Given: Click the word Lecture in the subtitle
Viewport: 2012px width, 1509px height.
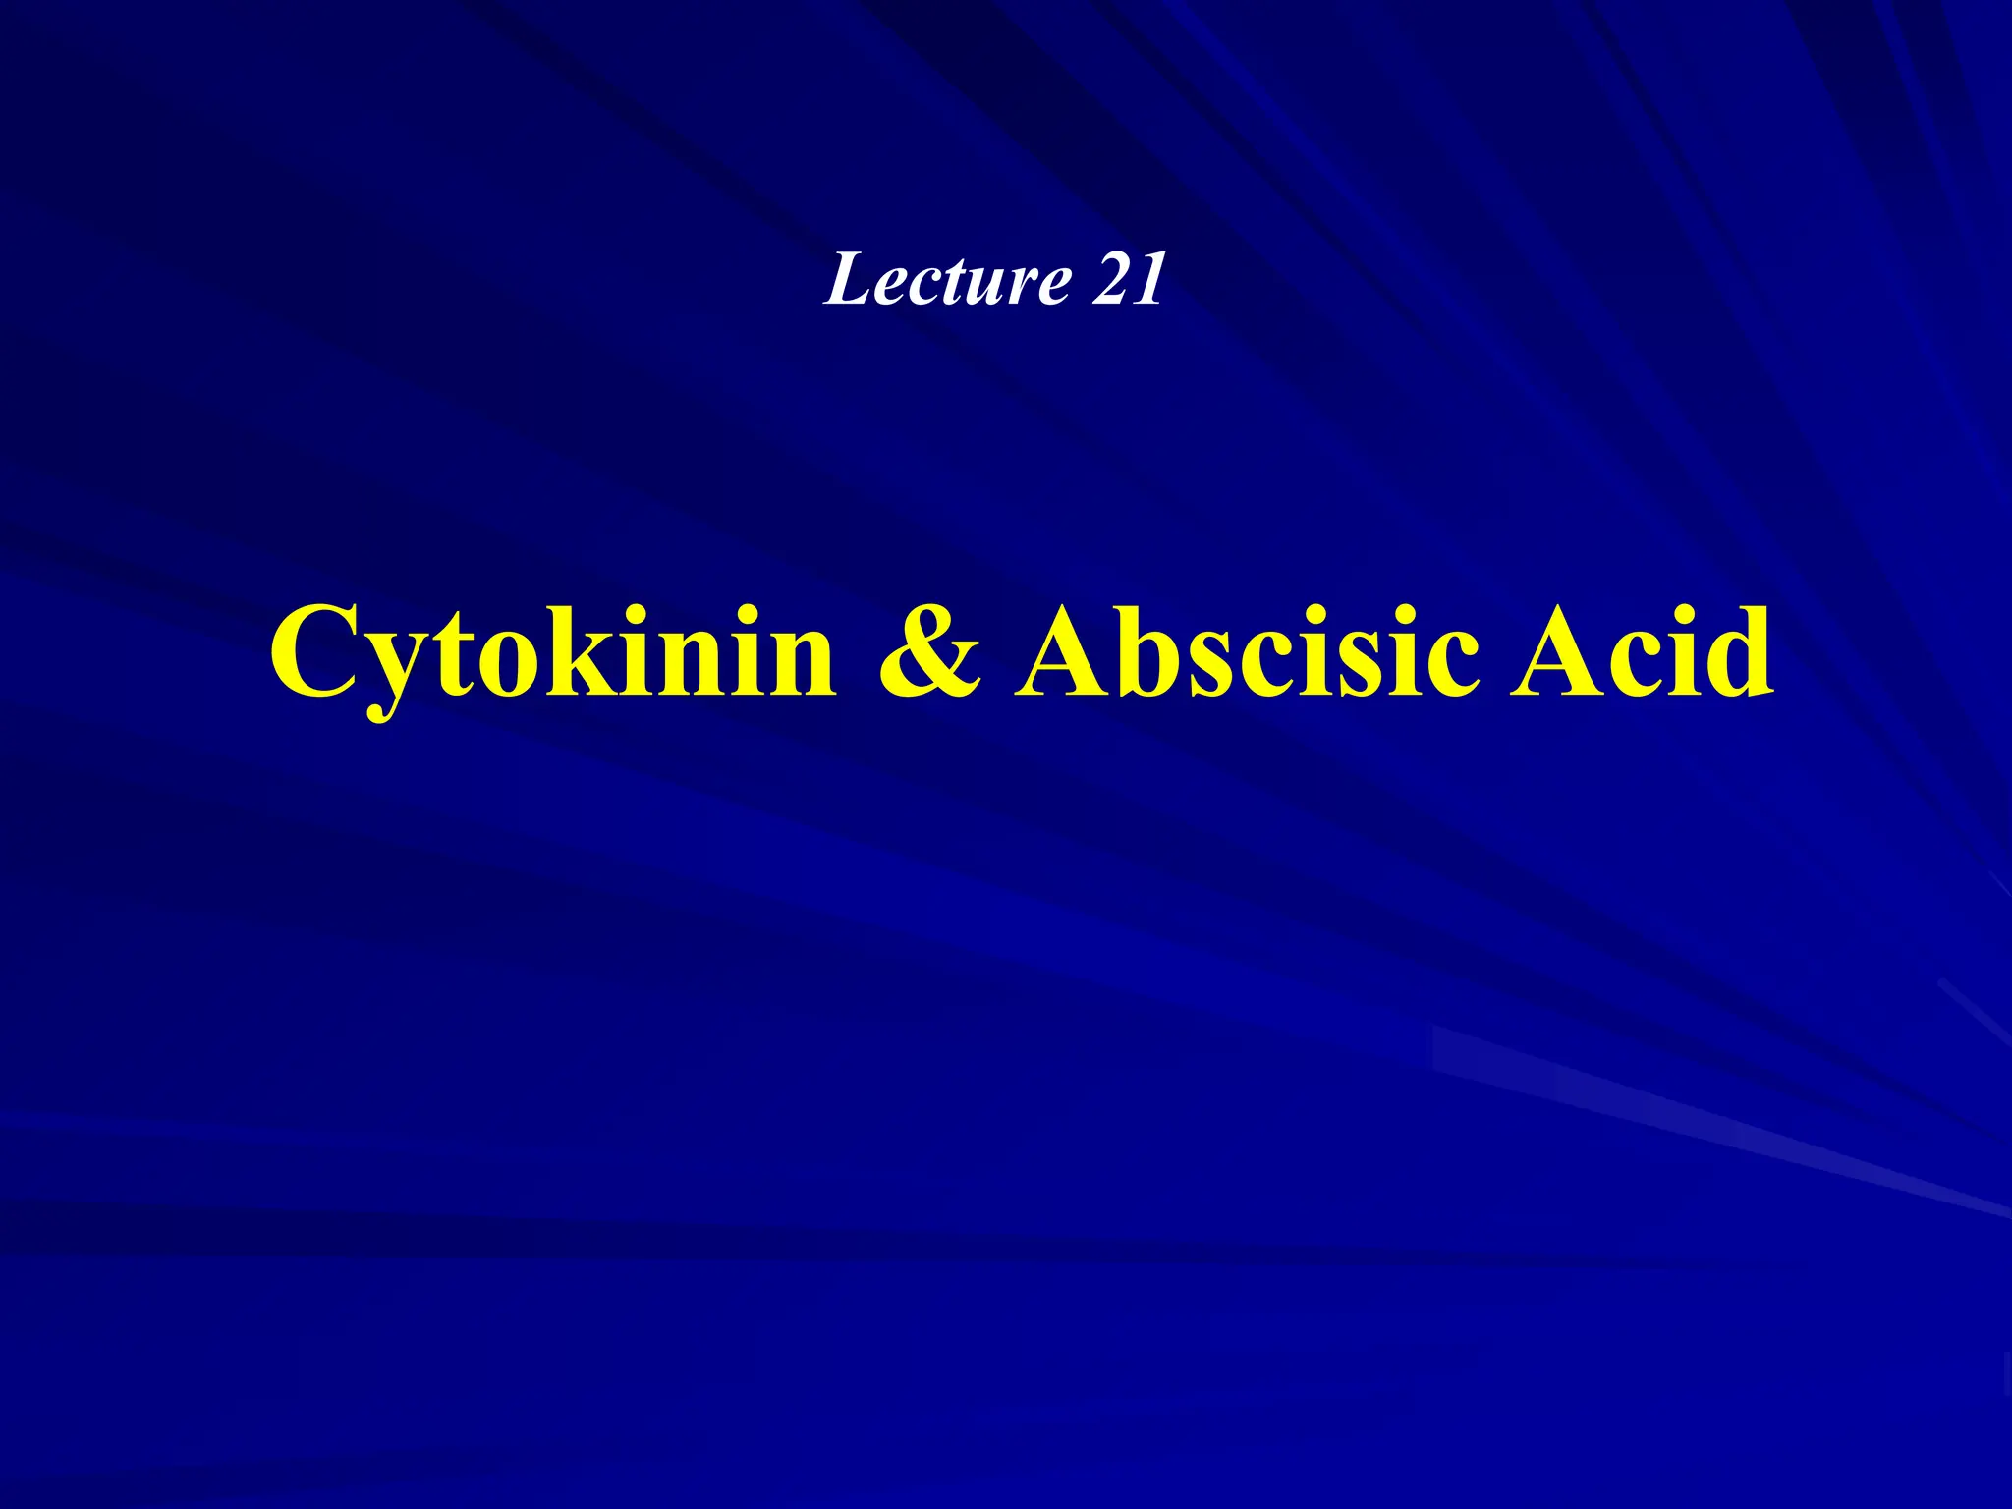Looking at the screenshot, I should point(947,280).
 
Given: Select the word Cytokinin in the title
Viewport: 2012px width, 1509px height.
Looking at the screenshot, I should point(553,651).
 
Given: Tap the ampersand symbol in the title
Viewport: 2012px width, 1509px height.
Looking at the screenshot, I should point(928,649).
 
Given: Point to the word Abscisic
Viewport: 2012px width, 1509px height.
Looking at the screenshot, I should point(1247,649).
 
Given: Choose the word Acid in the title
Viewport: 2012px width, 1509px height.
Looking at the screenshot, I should point(1642,649).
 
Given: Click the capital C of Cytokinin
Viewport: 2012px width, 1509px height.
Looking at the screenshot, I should point(313,651).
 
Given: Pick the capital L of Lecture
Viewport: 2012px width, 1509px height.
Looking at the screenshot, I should point(849,280).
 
